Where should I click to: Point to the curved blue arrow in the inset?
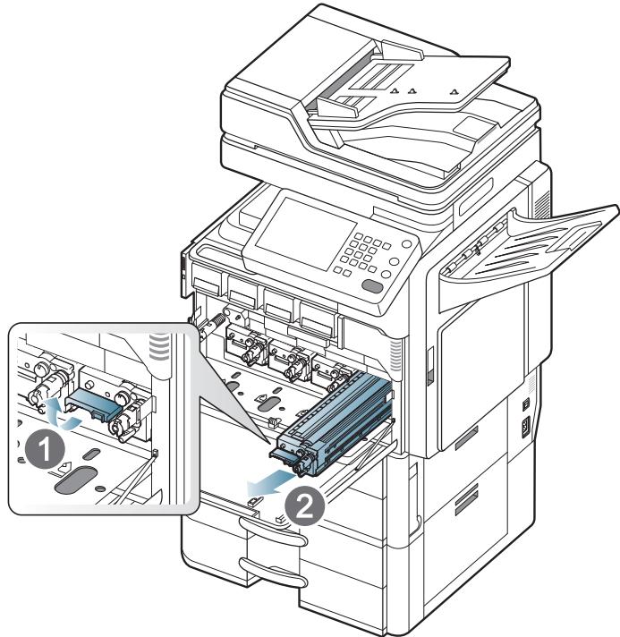point(56,411)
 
